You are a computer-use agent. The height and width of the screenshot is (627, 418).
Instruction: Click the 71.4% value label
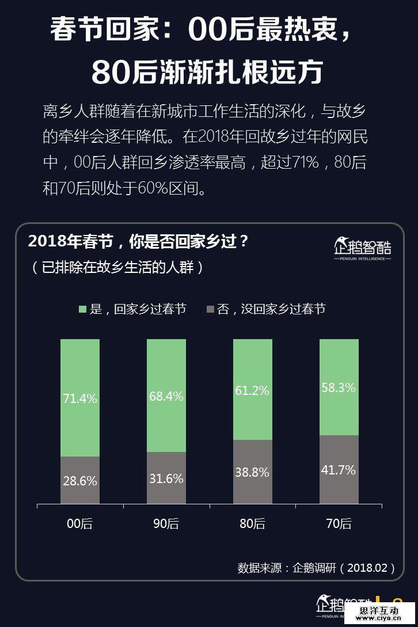(80, 398)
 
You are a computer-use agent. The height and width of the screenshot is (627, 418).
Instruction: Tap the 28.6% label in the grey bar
(80, 481)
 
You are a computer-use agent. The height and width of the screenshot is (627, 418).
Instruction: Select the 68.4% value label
(166, 396)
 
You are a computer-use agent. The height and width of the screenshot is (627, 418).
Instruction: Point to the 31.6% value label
(166, 478)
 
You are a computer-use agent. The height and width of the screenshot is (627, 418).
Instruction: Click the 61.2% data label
(252, 390)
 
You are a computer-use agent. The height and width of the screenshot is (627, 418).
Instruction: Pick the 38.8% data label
(252, 472)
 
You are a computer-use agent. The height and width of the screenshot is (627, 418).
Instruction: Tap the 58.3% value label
(339, 387)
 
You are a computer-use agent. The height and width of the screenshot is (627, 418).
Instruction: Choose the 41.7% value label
(339, 470)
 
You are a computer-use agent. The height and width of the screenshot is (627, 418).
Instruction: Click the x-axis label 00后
(80, 524)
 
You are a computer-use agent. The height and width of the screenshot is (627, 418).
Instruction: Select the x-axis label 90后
(166, 524)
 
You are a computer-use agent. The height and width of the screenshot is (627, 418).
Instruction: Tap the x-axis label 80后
(252, 524)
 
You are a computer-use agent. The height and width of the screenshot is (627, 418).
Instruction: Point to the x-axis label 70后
(339, 524)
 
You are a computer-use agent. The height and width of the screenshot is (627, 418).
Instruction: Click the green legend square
(82, 309)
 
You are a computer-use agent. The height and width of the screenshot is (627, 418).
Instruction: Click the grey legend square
(210, 309)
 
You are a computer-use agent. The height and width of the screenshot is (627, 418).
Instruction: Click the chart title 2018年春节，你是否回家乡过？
(138, 241)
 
